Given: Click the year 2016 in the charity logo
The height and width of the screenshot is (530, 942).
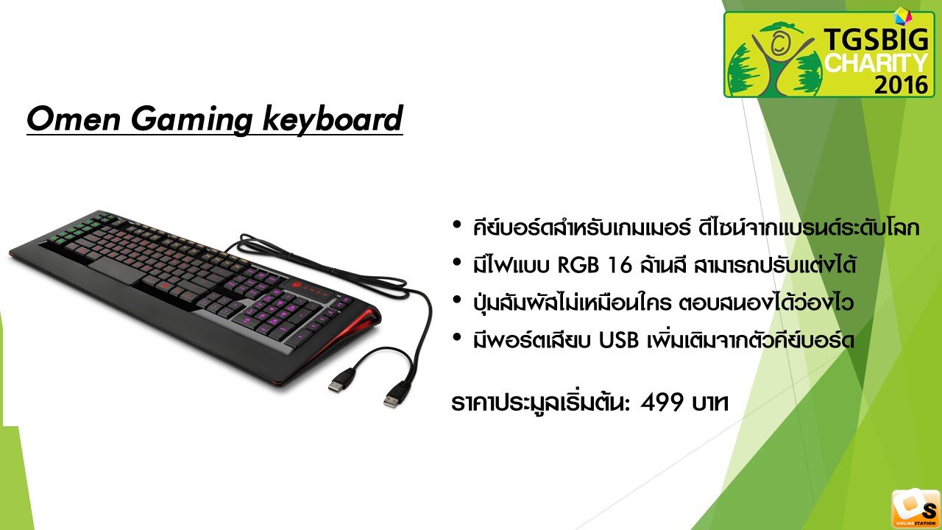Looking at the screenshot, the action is pos(902,85).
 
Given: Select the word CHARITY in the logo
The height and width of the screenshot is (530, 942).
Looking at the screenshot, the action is pos(876,63).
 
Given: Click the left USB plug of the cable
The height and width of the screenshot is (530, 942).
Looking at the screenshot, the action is pos(340,380).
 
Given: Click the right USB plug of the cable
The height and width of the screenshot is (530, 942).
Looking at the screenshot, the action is pos(394,395).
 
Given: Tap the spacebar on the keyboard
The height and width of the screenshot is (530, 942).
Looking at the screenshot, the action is pos(116,271).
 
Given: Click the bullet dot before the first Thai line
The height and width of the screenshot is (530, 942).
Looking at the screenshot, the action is pos(457,225).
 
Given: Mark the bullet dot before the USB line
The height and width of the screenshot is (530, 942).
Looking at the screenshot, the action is pos(457,338).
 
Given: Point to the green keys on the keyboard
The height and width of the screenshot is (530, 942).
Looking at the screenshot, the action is pos(79,229).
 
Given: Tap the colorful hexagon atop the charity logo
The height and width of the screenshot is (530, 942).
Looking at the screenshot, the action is pos(902,16).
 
